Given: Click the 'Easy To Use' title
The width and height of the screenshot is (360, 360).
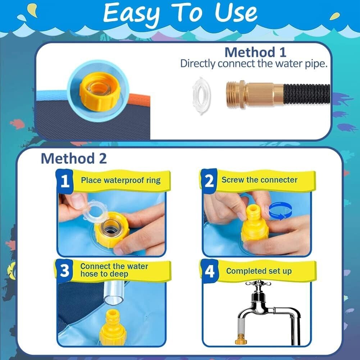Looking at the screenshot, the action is coord(180,13).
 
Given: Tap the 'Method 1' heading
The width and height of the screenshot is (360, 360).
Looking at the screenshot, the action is coord(255,52).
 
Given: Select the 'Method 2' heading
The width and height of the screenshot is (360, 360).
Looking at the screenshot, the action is coord(74,158).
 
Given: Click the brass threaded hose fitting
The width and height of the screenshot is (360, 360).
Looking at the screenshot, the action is coord(255,93).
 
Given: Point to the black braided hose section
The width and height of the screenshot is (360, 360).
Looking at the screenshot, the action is coord(307,94).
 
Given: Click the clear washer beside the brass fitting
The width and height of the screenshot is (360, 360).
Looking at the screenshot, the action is coord(201,95).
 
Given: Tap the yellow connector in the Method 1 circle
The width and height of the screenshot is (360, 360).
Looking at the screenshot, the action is coord(99,91).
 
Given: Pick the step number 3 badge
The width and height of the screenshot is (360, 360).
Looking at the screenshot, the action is coord(64,270).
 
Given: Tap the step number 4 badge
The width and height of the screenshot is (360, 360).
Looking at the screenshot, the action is coord(209,271).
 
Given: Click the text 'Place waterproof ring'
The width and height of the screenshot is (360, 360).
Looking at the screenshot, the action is coord(120,181).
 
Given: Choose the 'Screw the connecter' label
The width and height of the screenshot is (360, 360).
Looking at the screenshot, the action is coord(259,180).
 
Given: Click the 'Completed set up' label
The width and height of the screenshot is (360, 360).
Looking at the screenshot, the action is coord(259,271).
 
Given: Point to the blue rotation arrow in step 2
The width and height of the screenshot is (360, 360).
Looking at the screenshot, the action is coord(280,211).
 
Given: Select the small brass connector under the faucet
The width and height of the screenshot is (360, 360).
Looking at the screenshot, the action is coord(241,340).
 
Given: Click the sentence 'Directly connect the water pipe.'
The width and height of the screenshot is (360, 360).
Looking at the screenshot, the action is coord(254,64).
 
